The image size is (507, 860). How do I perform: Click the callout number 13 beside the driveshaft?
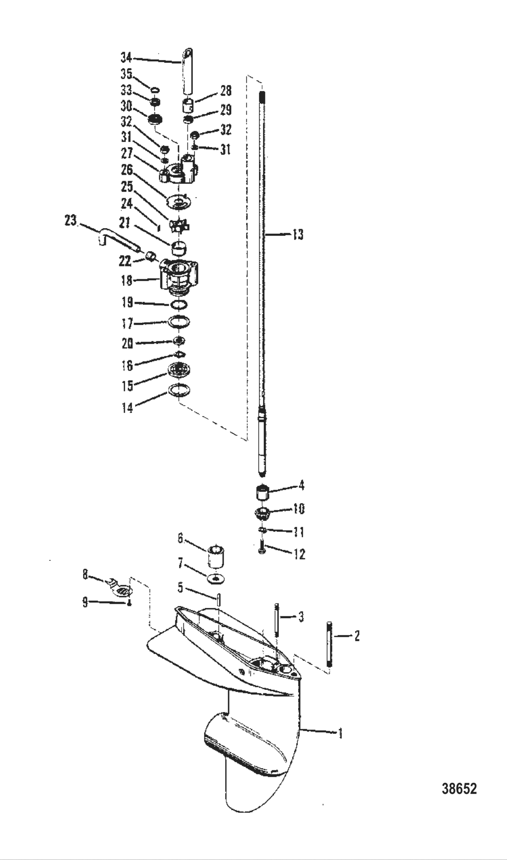(297, 235)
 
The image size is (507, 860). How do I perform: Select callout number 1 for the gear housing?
(340, 733)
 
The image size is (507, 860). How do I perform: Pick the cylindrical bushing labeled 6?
(216, 556)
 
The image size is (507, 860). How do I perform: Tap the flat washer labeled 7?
(216, 578)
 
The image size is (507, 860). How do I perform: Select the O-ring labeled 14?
(178, 389)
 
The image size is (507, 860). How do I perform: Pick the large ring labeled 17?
(178, 322)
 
